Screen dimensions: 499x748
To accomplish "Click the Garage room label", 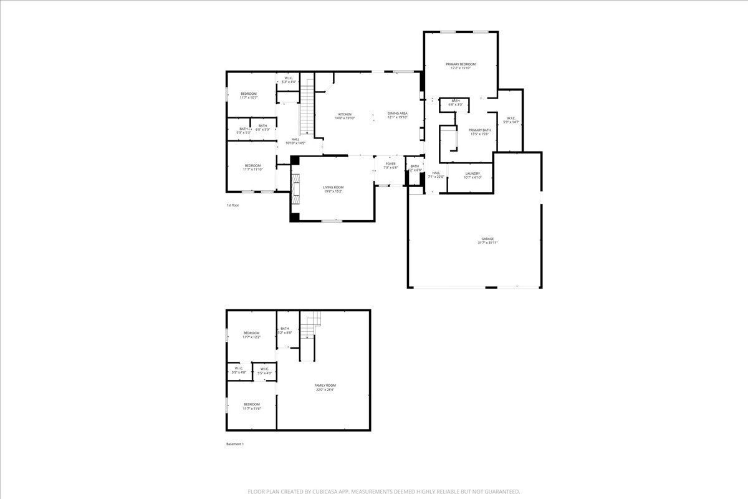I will point(487,241).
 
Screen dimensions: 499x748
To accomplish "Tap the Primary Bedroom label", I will point(461,66).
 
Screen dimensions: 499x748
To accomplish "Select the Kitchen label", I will point(345,116).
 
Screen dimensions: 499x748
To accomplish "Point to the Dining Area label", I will point(397,115).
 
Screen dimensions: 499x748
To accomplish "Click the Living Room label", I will point(333,189).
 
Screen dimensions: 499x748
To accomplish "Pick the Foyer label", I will point(390,165).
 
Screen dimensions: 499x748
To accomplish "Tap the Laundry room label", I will point(472,175).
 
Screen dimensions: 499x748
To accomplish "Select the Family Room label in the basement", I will point(325,387).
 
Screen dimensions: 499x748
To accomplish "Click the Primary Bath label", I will point(479,132).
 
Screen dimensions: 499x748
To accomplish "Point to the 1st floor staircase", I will point(306,112).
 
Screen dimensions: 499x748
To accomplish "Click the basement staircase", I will point(310,327).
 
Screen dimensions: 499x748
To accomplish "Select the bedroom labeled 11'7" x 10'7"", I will point(249,95).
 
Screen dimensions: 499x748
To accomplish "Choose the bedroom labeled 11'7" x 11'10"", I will point(252,167).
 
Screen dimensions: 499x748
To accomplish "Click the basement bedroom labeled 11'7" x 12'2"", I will point(251,335).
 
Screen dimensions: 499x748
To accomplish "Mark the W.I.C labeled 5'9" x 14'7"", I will point(511,120).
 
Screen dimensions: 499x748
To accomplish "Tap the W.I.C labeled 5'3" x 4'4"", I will point(289,80).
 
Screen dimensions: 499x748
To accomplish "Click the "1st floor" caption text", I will point(233,205).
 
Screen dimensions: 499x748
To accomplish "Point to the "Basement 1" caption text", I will point(235,444).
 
